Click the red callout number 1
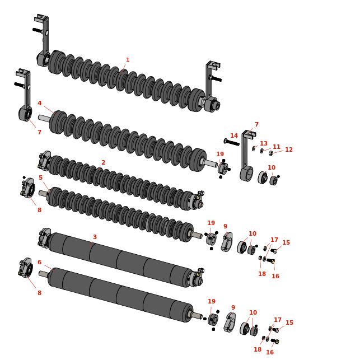click(x=128, y=60)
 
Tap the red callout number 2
click(x=104, y=162)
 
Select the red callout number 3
click(x=95, y=237)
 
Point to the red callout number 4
click(x=40, y=103)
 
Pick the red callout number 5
click(x=41, y=177)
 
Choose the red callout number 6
click(x=40, y=262)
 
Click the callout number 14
click(x=234, y=135)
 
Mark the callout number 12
click(x=289, y=149)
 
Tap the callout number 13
click(x=264, y=143)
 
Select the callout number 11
click(x=277, y=147)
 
